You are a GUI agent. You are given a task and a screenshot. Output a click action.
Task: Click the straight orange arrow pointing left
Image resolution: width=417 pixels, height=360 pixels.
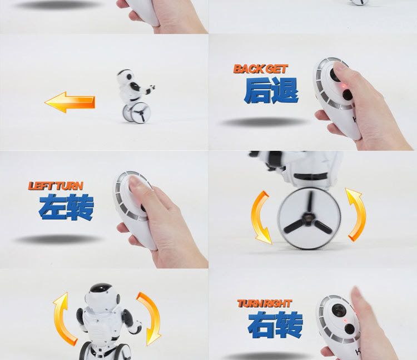pos(69,102)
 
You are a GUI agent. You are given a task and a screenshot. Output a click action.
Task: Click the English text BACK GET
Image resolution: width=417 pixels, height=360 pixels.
pos(261,69)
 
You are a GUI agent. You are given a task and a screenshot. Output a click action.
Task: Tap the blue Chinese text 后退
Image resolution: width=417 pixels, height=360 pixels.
pos(271,91)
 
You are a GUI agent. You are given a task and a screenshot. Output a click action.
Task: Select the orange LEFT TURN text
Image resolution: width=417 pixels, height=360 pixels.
pos(56,186)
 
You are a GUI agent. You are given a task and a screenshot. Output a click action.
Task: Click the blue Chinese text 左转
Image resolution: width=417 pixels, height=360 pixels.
pos(66,207)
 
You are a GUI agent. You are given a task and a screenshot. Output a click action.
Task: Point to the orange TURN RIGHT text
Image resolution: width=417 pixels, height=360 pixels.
pos(265,303)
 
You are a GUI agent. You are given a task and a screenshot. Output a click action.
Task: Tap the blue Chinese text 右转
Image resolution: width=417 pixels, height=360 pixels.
pos(275,325)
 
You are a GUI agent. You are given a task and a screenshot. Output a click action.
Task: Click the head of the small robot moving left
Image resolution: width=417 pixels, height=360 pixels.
pos(126,76)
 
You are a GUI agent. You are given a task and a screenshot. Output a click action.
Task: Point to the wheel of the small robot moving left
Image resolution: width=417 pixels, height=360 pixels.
pos(136,113)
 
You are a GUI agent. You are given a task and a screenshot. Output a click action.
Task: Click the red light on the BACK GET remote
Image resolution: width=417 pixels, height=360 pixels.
pos(343,86)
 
